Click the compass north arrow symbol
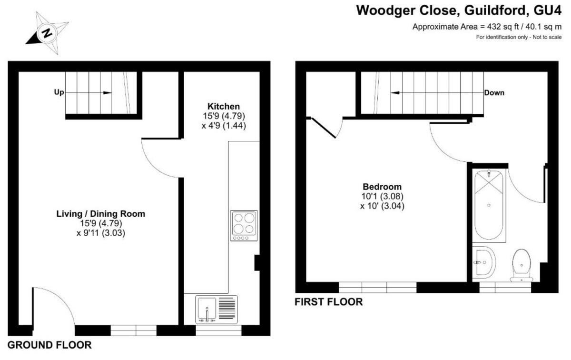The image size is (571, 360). click(x=47, y=33)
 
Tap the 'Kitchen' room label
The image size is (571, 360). click(x=223, y=106)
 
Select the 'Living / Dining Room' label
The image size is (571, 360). click(x=100, y=214)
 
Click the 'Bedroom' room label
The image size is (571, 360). click(x=382, y=187)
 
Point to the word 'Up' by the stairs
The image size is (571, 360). click(x=59, y=92)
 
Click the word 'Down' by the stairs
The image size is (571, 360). click(x=494, y=92)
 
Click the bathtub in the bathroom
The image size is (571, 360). click(x=490, y=206)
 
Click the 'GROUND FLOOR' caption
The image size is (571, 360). click(x=49, y=345)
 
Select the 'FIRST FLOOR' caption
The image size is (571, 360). click(x=328, y=302)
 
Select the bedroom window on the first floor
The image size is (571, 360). click(x=377, y=287)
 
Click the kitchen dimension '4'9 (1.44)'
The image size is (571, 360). click(x=223, y=126)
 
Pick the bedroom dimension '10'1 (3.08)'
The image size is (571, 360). click(x=382, y=196)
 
